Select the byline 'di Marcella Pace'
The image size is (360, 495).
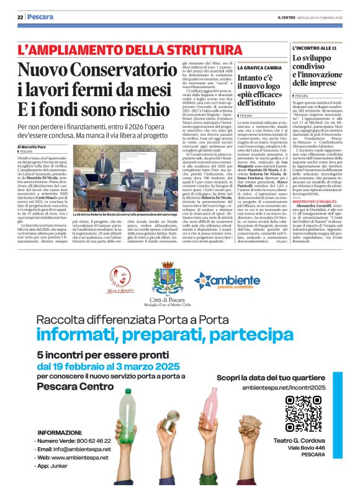point(36,146)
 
